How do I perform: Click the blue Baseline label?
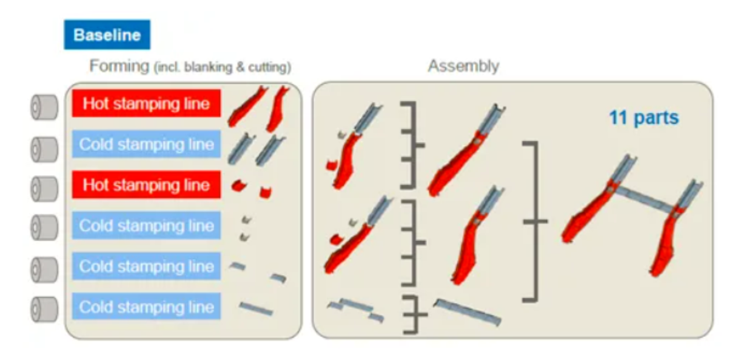[x=107, y=35]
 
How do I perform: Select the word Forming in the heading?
[x=119, y=66]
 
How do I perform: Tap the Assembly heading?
[x=463, y=66]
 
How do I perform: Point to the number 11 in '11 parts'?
[x=617, y=118]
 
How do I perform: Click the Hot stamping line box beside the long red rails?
[x=146, y=104]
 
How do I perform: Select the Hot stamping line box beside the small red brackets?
[x=146, y=185]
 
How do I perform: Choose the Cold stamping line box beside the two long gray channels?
[x=146, y=144]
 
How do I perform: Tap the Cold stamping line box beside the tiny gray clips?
[x=146, y=225]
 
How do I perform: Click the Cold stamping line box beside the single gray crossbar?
[x=146, y=307]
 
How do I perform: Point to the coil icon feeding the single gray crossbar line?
[x=44, y=308]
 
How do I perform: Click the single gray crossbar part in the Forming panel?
[x=255, y=307]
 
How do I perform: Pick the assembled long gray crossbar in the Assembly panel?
[x=467, y=311]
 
